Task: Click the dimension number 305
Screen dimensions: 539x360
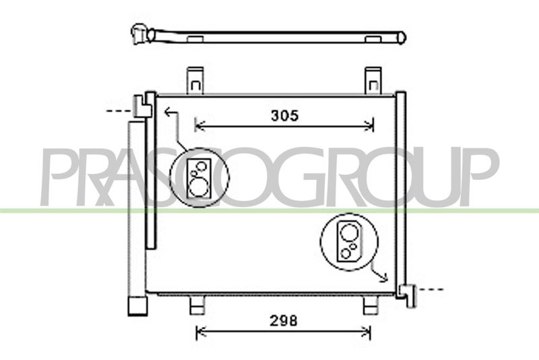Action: point(284,116)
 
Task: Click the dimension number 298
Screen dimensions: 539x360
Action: point(283,321)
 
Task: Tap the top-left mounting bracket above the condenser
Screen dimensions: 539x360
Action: point(195,80)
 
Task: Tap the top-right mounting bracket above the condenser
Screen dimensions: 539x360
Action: point(373,80)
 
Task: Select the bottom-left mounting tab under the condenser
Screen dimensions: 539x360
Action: point(197,305)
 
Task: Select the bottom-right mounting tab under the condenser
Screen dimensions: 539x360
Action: point(371,305)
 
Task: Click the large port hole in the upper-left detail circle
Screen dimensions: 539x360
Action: point(199,188)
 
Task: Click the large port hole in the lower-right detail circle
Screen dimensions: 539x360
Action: point(349,233)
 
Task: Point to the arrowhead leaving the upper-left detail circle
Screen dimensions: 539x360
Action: point(168,112)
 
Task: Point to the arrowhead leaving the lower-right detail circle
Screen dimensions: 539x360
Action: point(384,277)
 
